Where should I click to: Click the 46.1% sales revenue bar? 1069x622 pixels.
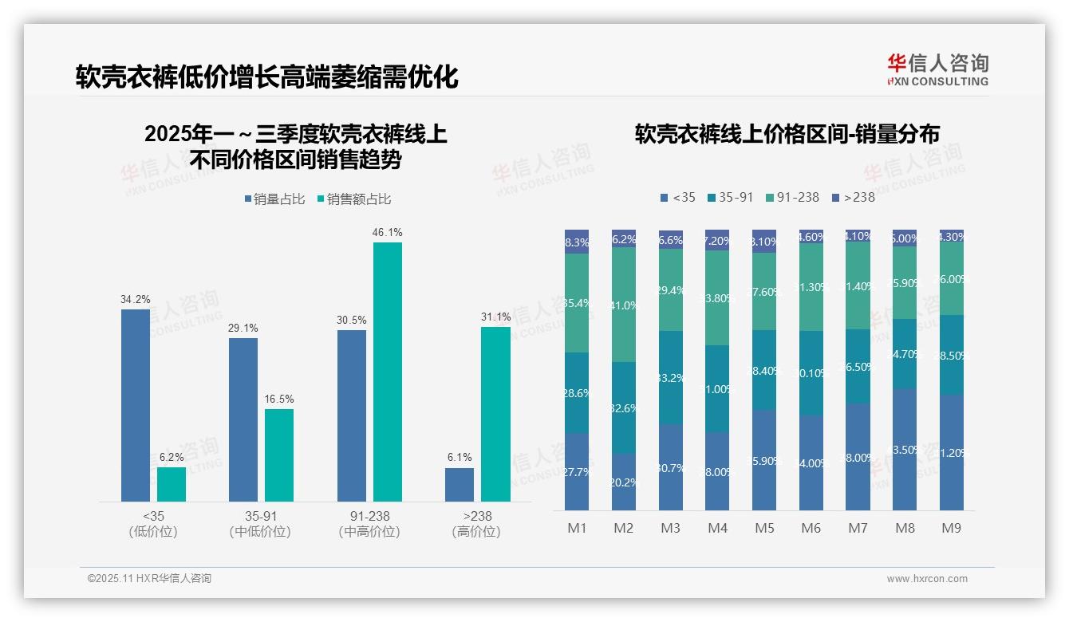coord(388,372)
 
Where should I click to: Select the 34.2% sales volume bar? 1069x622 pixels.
coord(136,405)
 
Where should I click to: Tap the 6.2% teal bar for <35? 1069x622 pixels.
coord(172,484)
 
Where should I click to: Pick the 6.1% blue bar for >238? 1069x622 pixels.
coord(460,485)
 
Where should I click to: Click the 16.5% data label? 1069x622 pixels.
coord(279,399)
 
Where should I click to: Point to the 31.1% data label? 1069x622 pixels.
coord(495,317)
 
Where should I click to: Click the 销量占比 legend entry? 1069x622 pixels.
coord(274,199)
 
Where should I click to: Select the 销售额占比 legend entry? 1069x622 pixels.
coord(354,199)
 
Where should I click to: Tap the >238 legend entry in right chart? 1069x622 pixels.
coord(853,197)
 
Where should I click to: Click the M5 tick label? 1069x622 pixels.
coord(764,528)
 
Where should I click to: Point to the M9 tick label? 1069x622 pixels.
coord(951,528)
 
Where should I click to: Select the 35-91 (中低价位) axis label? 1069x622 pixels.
coord(260,523)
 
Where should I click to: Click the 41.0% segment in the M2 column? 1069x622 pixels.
coord(624,305)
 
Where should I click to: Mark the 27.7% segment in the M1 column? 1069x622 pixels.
coord(577,471)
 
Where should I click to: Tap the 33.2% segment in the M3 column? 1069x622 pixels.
coord(671,377)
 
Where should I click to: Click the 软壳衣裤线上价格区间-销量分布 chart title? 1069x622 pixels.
coord(787,134)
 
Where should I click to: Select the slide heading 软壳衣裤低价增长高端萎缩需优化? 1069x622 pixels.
coord(267,77)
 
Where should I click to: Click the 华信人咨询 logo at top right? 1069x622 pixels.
coord(937,69)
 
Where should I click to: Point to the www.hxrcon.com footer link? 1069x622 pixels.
coord(927,579)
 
